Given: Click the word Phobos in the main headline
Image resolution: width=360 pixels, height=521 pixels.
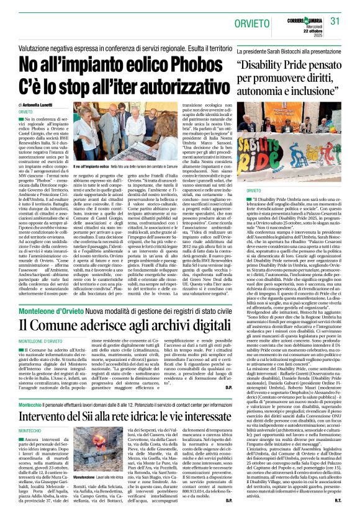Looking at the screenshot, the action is tap(191, 65).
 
